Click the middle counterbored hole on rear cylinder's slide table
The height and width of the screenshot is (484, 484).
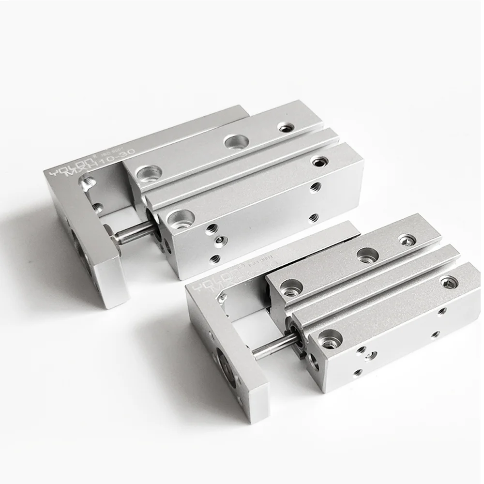(236, 142)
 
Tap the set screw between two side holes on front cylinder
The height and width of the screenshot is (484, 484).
(370, 356)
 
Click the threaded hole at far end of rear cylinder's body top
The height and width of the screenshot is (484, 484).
(318, 161)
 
